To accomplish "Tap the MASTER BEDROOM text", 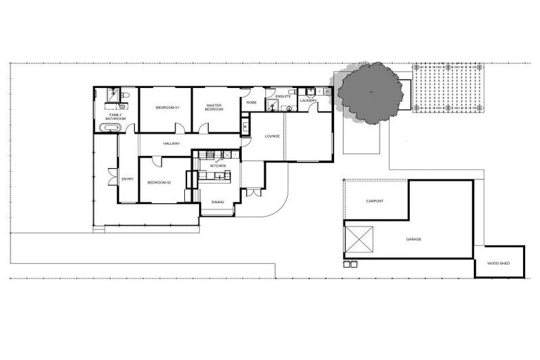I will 214,108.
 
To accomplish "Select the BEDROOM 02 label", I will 159,183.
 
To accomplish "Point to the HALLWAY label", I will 172,143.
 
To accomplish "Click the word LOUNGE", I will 273,136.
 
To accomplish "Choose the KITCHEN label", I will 218,165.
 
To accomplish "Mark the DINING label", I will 218,202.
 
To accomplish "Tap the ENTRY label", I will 127,179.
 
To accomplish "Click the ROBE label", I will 251,103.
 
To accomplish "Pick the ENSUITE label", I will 283,96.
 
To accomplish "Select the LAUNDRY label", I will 308,101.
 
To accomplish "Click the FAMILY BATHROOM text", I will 115,117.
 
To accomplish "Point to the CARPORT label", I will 375,201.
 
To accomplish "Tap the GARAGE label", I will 414,240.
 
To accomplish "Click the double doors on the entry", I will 110,176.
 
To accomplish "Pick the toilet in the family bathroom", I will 125,94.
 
